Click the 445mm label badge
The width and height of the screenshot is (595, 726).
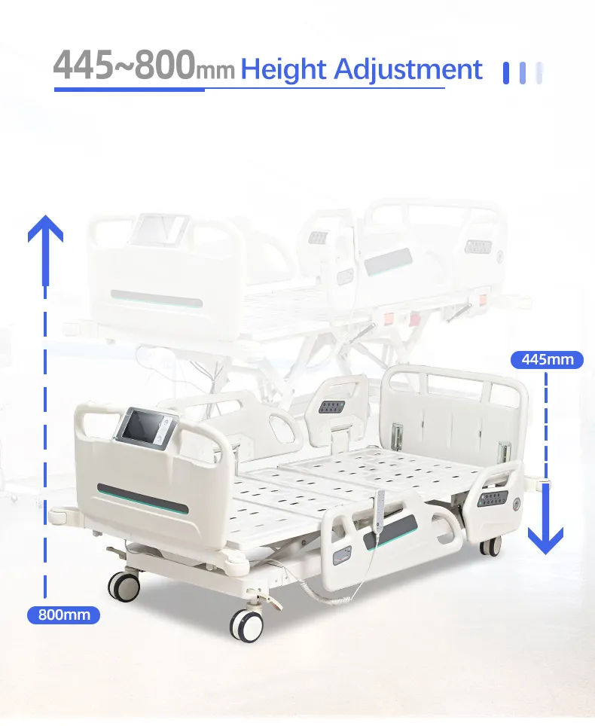[x=548, y=359]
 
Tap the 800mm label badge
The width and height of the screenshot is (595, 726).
[x=64, y=615]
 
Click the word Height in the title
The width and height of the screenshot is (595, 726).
[x=283, y=69]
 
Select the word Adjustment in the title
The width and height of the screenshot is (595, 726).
[x=407, y=69]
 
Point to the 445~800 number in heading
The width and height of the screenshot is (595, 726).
[x=124, y=66]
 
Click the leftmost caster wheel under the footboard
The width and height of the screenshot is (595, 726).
[x=124, y=584]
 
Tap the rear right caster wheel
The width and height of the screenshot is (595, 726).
[x=490, y=546]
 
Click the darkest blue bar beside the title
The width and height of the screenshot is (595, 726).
[x=506, y=72]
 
